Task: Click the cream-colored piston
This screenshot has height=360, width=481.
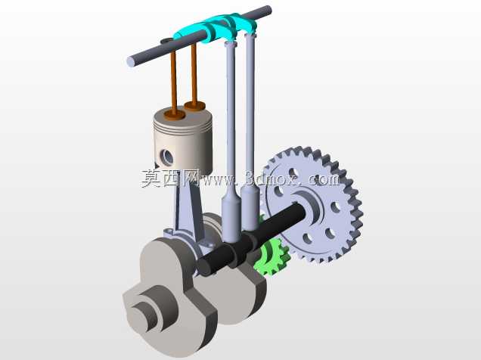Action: coord(183,141)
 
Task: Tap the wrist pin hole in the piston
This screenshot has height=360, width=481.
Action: coord(167,157)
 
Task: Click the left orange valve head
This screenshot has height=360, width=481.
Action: coord(174,115)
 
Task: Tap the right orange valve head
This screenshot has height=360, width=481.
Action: coord(194,106)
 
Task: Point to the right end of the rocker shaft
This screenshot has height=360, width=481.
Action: coord(268,10)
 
